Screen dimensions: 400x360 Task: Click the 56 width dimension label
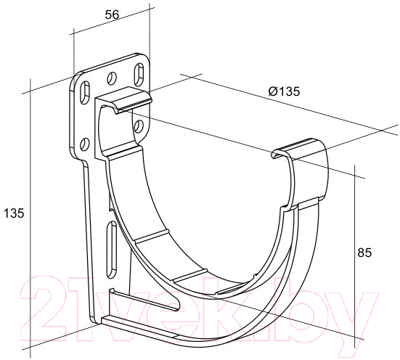(x=112, y=15)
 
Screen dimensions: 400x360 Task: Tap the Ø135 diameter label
(x=284, y=91)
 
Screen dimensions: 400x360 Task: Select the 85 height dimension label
(x=364, y=253)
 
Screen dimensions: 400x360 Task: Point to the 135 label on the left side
(x=14, y=213)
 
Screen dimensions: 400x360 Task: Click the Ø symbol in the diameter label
(x=273, y=91)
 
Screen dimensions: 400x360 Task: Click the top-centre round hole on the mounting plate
(x=112, y=78)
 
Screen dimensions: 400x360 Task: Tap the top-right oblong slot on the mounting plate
(x=139, y=75)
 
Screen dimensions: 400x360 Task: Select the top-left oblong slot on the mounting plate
(x=85, y=92)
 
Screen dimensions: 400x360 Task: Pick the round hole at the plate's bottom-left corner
(x=84, y=144)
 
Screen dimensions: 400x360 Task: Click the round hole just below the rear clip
(x=139, y=126)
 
